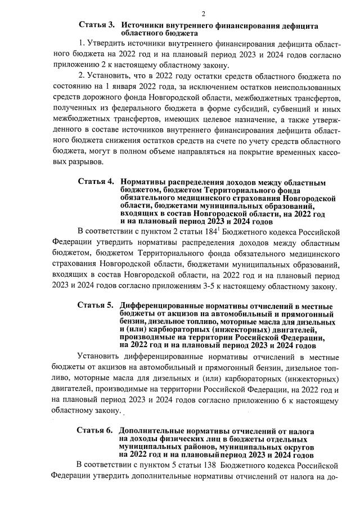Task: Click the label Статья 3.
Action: [96, 26]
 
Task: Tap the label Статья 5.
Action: [96, 305]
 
